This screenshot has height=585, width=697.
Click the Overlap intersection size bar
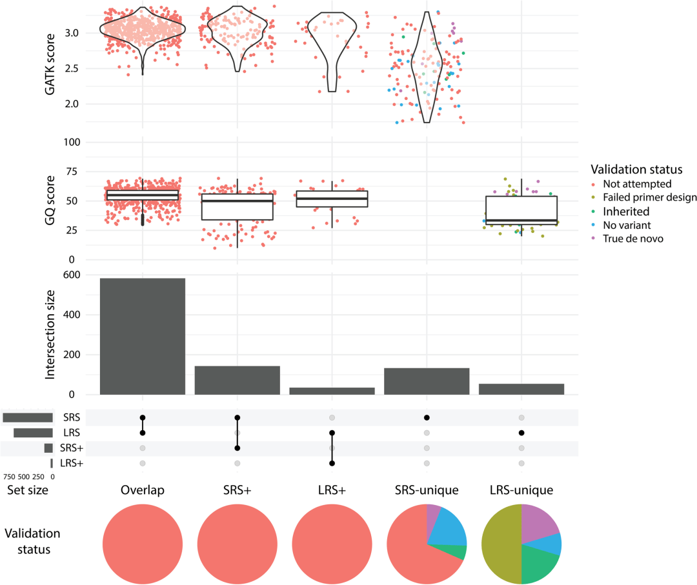pyautogui.click(x=142, y=336)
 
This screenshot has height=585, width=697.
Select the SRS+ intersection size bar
pyautogui.click(x=237, y=381)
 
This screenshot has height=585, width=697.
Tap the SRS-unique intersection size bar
pyautogui.click(x=427, y=381)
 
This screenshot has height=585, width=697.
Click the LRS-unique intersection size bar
pyautogui.click(x=521, y=389)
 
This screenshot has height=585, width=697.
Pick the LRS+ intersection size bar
pyautogui.click(x=332, y=391)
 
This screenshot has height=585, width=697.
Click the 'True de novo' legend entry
pyautogui.click(x=628, y=239)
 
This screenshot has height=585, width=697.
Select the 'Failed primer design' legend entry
pyautogui.click(x=644, y=197)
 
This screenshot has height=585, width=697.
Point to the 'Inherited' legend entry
pyautogui.click(x=621, y=212)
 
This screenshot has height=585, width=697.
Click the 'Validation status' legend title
pyautogui.click(x=636, y=169)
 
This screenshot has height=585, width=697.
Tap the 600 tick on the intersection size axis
pyautogui.click(x=72, y=275)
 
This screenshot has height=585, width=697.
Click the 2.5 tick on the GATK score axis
pyautogui.click(x=72, y=68)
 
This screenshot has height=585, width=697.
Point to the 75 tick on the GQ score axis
pyautogui.click(x=72, y=172)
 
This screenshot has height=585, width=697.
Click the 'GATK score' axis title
pyautogui.click(x=50, y=64)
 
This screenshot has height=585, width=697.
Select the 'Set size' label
pyautogui.click(x=28, y=490)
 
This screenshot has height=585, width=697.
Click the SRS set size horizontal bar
pyautogui.click(x=28, y=417)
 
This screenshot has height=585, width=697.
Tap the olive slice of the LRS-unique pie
pyautogui.click(x=501, y=544)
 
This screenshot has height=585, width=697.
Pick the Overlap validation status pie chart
pyautogui.click(x=143, y=544)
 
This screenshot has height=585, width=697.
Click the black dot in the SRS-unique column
pyautogui.click(x=427, y=417)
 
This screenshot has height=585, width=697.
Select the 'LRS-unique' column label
pyautogui.click(x=521, y=490)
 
